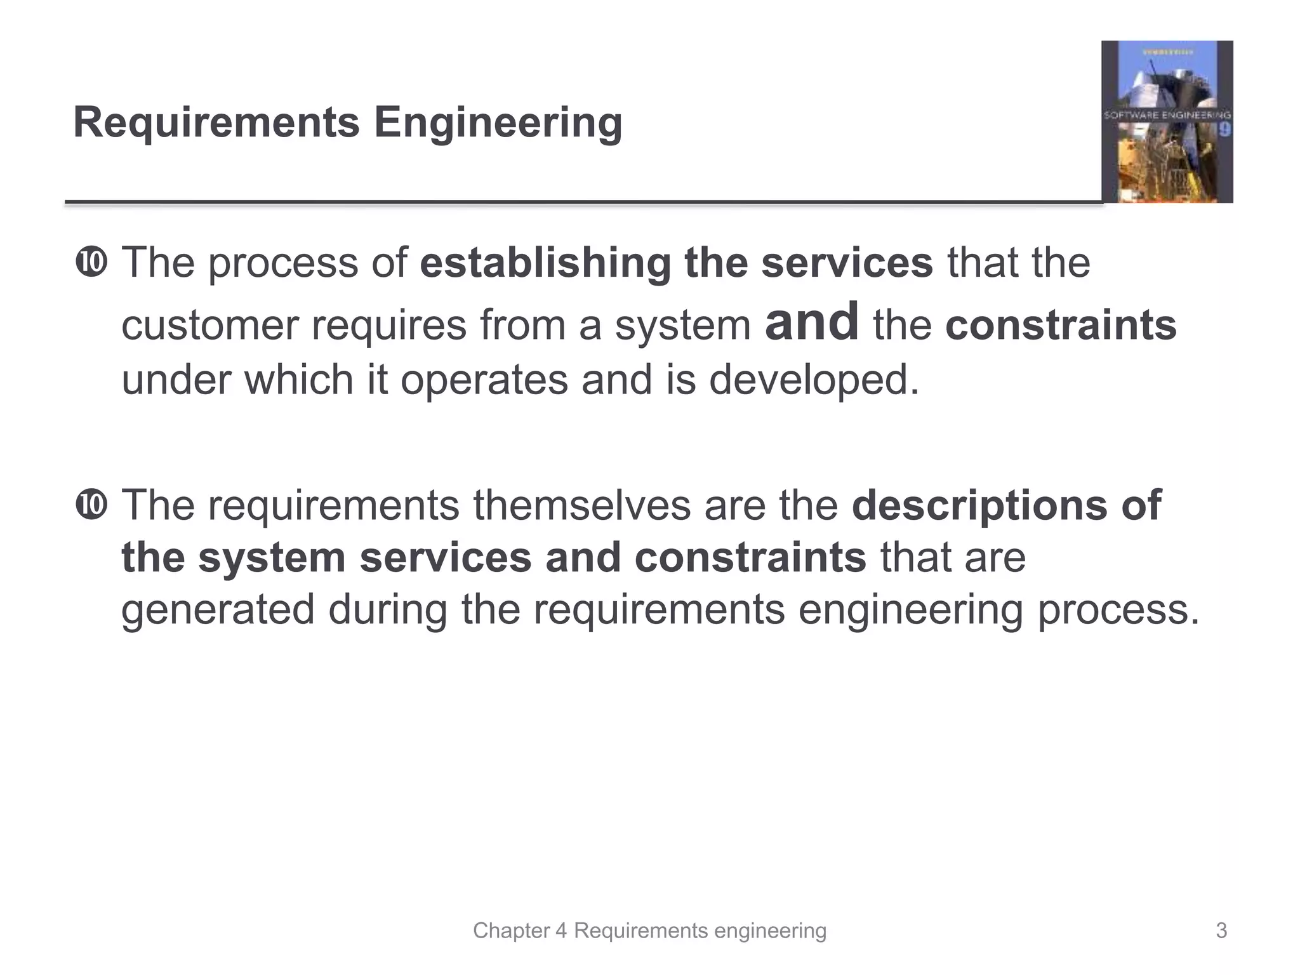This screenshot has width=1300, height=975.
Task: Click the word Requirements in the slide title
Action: pyautogui.click(x=216, y=123)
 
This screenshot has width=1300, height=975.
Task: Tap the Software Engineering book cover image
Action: pyautogui.click(x=1167, y=122)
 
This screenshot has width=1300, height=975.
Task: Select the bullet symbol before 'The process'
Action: pyautogui.click(x=91, y=263)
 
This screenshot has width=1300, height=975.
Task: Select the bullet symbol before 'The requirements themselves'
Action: pyautogui.click(x=91, y=505)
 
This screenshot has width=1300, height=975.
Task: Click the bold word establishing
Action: pyautogui.click(x=545, y=263)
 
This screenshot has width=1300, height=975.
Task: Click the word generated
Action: pyautogui.click(x=218, y=609)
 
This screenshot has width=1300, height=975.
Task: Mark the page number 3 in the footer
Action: pyautogui.click(x=1221, y=931)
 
